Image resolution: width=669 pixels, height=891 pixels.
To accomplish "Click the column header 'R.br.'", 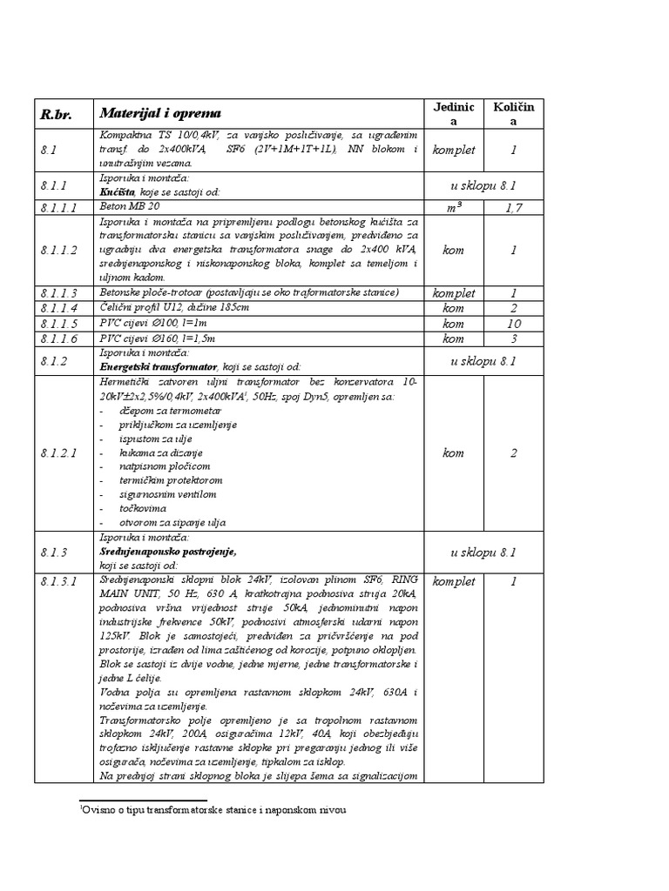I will point(55,114).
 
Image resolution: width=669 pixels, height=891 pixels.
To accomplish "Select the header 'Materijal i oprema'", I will point(160,113).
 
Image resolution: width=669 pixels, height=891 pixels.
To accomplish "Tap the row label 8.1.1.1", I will point(58,208).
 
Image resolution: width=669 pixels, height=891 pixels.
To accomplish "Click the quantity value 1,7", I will point(513,208).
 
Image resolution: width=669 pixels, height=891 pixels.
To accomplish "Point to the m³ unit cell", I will point(453,208).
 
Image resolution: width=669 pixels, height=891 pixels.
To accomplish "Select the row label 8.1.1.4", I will point(58,308).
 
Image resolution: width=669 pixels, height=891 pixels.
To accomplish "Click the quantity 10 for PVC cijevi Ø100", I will point(513,324).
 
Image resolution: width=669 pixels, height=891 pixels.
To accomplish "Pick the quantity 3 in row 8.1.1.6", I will point(513,338).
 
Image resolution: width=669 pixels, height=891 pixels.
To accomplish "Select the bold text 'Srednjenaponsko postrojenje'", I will point(168,552).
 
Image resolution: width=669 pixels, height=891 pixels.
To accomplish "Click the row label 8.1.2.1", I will point(58,452).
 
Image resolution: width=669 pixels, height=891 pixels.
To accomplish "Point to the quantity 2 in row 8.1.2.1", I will point(513,452).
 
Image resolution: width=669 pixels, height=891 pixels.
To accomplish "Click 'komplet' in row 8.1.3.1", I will point(454,580).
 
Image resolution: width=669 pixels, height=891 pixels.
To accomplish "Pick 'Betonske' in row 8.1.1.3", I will point(123,292).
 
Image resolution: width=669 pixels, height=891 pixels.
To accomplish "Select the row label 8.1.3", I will point(53,552).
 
